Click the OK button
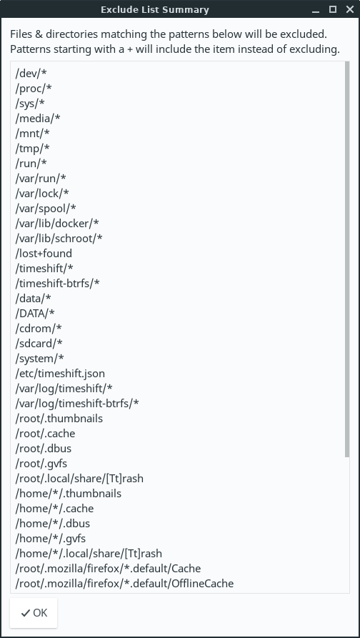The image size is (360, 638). click(34, 612)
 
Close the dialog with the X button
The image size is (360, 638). click(349, 9)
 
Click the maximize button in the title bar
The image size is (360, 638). click(333, 9)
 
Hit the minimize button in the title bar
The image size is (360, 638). click(316, 9)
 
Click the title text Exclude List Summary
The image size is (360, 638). click(155, 10)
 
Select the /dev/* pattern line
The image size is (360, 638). click(31, 74)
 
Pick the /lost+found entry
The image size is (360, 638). click(44, 254)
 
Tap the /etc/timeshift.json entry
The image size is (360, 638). click(60, 374)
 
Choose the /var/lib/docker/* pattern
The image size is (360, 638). click(57, 224)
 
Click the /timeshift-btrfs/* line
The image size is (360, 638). click(57, 283)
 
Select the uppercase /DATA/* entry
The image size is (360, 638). click(35, 314)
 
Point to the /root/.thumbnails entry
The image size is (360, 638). click(59, 418)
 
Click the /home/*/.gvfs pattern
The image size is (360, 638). click(51, 538)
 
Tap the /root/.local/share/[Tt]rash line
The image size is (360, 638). click(79, 479)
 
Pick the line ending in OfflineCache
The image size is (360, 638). click(124, 584)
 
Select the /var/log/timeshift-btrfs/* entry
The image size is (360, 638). click(77, 403)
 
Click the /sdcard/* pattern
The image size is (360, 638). click(39, 344)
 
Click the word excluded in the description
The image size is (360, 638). click(303, 34)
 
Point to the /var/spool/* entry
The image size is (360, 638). click(46, 209)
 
